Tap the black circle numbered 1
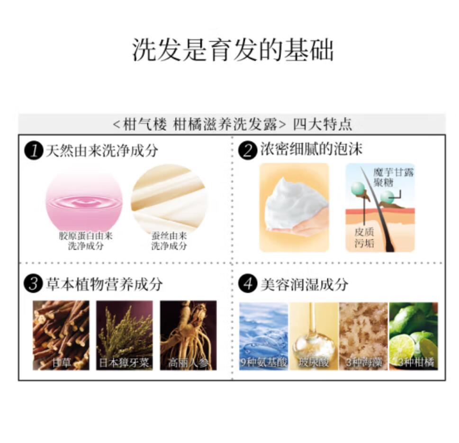point(34,151)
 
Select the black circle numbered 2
point(248,151)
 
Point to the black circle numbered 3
point(34,284)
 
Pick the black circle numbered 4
point(248,284)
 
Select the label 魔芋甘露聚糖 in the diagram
point(393,177)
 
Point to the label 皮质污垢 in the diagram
point(364,237)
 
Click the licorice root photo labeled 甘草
point(61,335)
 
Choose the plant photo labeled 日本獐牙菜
point(125,335)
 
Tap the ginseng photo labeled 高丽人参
point(188,335)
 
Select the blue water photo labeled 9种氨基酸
point(264,336)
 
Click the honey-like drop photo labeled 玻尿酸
point(314,336)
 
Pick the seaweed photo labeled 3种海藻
point(364,336)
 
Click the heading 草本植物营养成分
point(104,284)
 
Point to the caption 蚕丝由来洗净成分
point(169,241)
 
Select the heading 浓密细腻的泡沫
point(311,149)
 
